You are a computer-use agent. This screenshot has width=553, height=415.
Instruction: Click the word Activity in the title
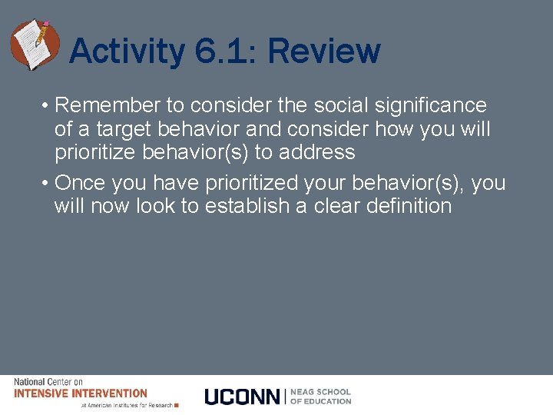point(126,52)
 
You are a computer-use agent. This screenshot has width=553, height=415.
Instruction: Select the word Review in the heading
point(323,52)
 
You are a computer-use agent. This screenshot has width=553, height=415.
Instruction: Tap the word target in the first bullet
point(120,128)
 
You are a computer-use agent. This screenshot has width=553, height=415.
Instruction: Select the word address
point(317,152)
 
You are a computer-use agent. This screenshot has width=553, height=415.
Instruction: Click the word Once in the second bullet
point(81,183)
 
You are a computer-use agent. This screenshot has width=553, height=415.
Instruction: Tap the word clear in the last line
point(335,206)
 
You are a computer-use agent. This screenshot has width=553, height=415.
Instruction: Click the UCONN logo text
point(243,397)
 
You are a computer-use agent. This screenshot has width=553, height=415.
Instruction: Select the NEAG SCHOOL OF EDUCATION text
point(320,397)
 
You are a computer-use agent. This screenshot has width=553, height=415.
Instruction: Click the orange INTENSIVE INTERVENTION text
point(81,393)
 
